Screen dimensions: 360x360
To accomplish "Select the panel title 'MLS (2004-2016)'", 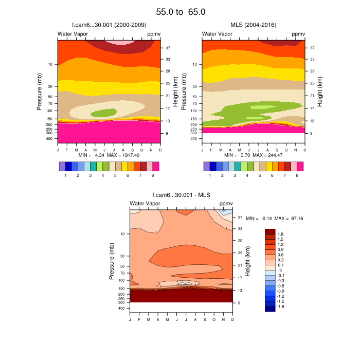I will pyautogui.click(x=253, y=25).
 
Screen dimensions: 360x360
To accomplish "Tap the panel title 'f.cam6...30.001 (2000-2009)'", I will pyautogui.click(x=109, y=25).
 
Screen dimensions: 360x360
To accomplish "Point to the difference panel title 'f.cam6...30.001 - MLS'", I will pyautogui.click(x=182, y=195).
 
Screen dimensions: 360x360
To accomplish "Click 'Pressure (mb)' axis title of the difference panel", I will pyautogui.click(x=112, y=260).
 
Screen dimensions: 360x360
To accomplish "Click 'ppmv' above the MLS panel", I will pyautogui.click(x=298, y=34).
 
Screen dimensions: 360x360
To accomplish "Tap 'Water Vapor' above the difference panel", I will pyautogui.click(x=145, y=204).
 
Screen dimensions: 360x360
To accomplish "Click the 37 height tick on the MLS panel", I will pyautogui.click(x=312, y=47).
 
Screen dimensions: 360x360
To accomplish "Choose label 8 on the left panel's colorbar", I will pyautogui.click(x=153, y=175).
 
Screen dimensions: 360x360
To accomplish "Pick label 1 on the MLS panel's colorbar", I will pyautogui.click(x=210, y=175).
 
